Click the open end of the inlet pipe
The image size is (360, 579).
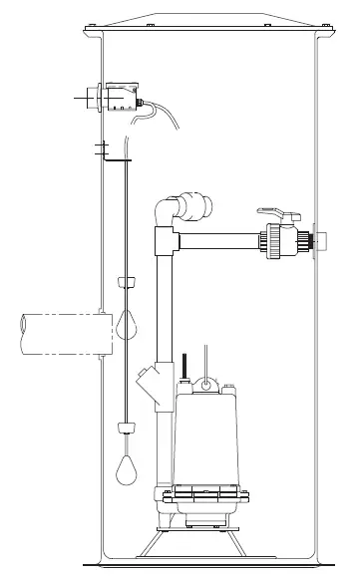click(x=22, y=332)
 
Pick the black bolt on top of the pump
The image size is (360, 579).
click(x=183, y=365)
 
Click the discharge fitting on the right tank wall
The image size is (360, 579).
click(x=318, y=241)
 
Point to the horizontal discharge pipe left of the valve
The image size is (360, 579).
click(x=219, y=240)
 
